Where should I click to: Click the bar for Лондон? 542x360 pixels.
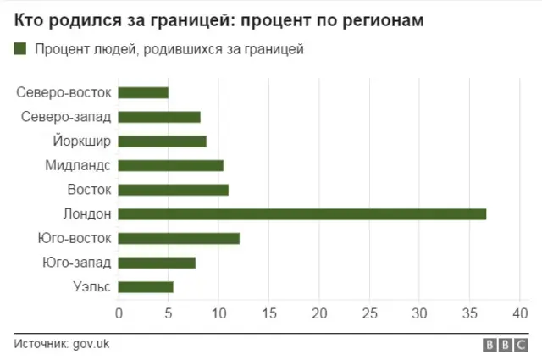pos(302,213)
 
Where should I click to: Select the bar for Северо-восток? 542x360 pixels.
pos(143,92)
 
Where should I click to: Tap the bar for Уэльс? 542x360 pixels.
pos(146,287)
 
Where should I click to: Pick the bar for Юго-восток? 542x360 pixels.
pos(179,238)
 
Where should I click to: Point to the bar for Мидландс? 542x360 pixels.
pos(170,165)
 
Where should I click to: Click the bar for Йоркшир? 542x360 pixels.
pos(162,141)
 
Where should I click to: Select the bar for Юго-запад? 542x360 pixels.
pos(157,263)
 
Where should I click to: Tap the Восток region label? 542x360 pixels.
pos(89,190)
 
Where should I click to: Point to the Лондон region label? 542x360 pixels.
pos(86,213)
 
